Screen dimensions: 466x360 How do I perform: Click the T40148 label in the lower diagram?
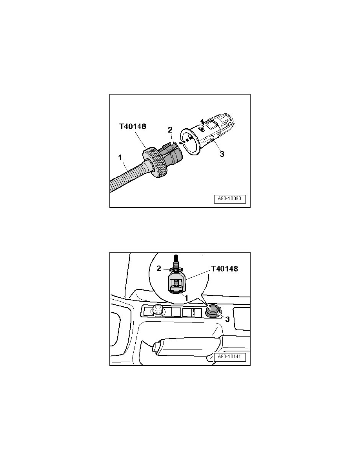(x=224, y=269)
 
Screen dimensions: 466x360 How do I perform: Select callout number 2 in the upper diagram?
(x=170, y=130)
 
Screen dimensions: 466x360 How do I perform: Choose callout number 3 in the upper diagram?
(x=222, y=155)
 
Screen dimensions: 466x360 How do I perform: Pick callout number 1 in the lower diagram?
(x=186, y=298)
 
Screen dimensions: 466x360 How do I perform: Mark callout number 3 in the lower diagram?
(x=227, y=319)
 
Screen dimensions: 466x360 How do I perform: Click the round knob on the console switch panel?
(x=158, y=309)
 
